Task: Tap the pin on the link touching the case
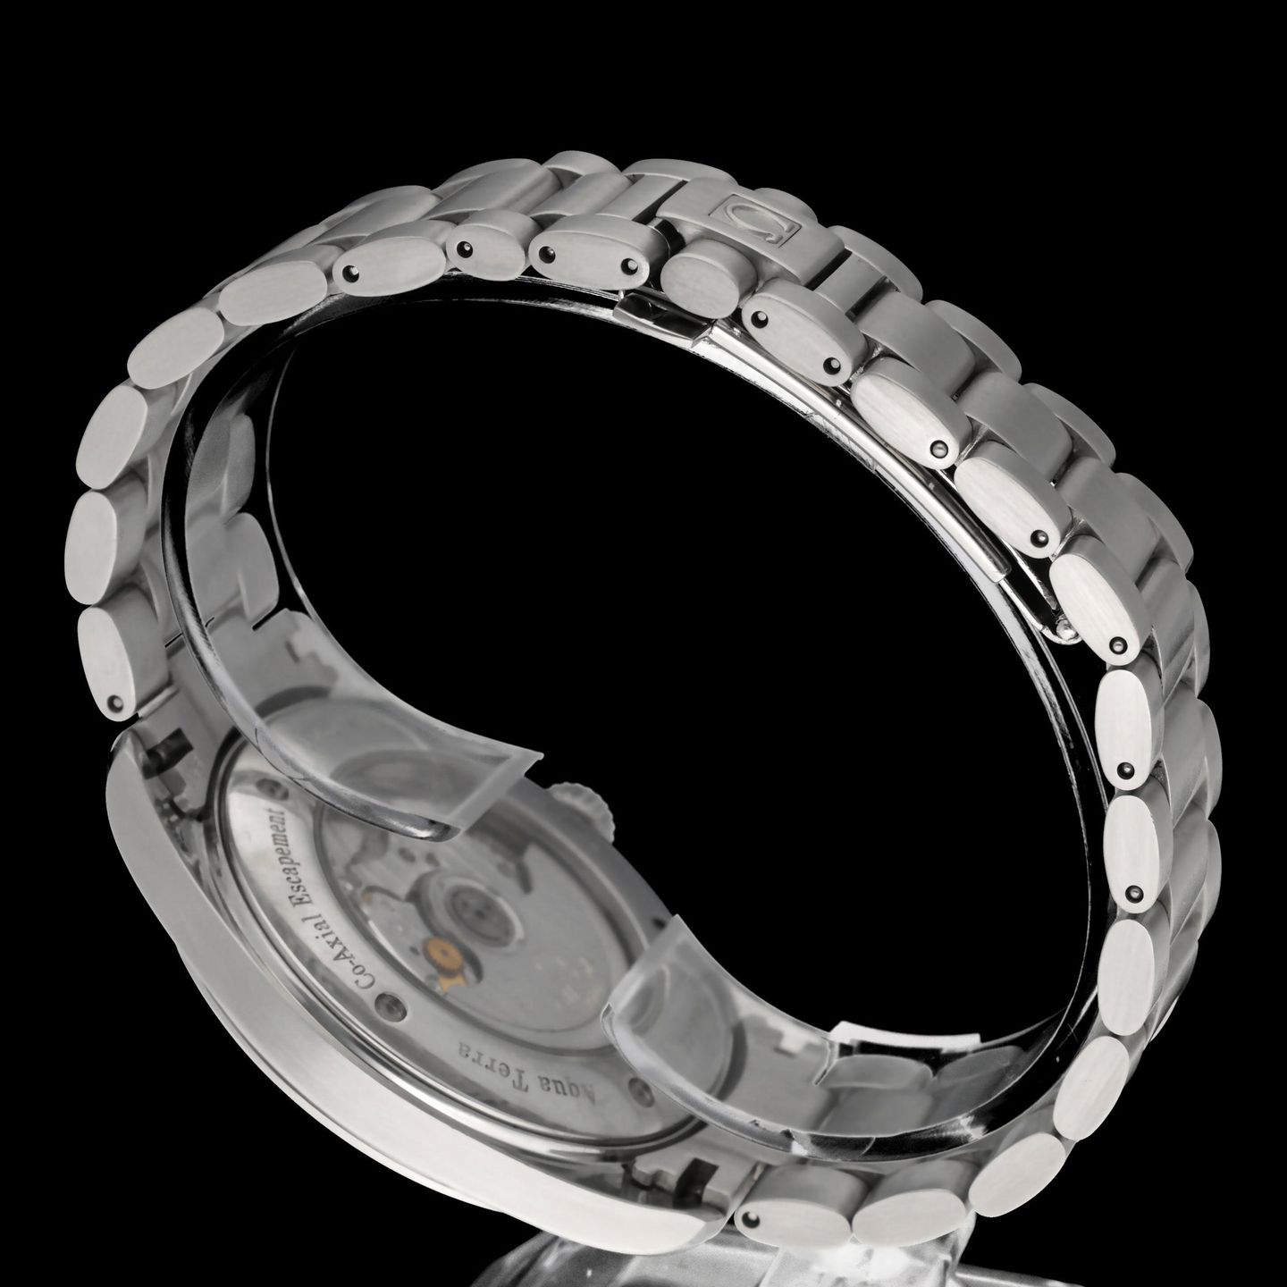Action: click(114, 707)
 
